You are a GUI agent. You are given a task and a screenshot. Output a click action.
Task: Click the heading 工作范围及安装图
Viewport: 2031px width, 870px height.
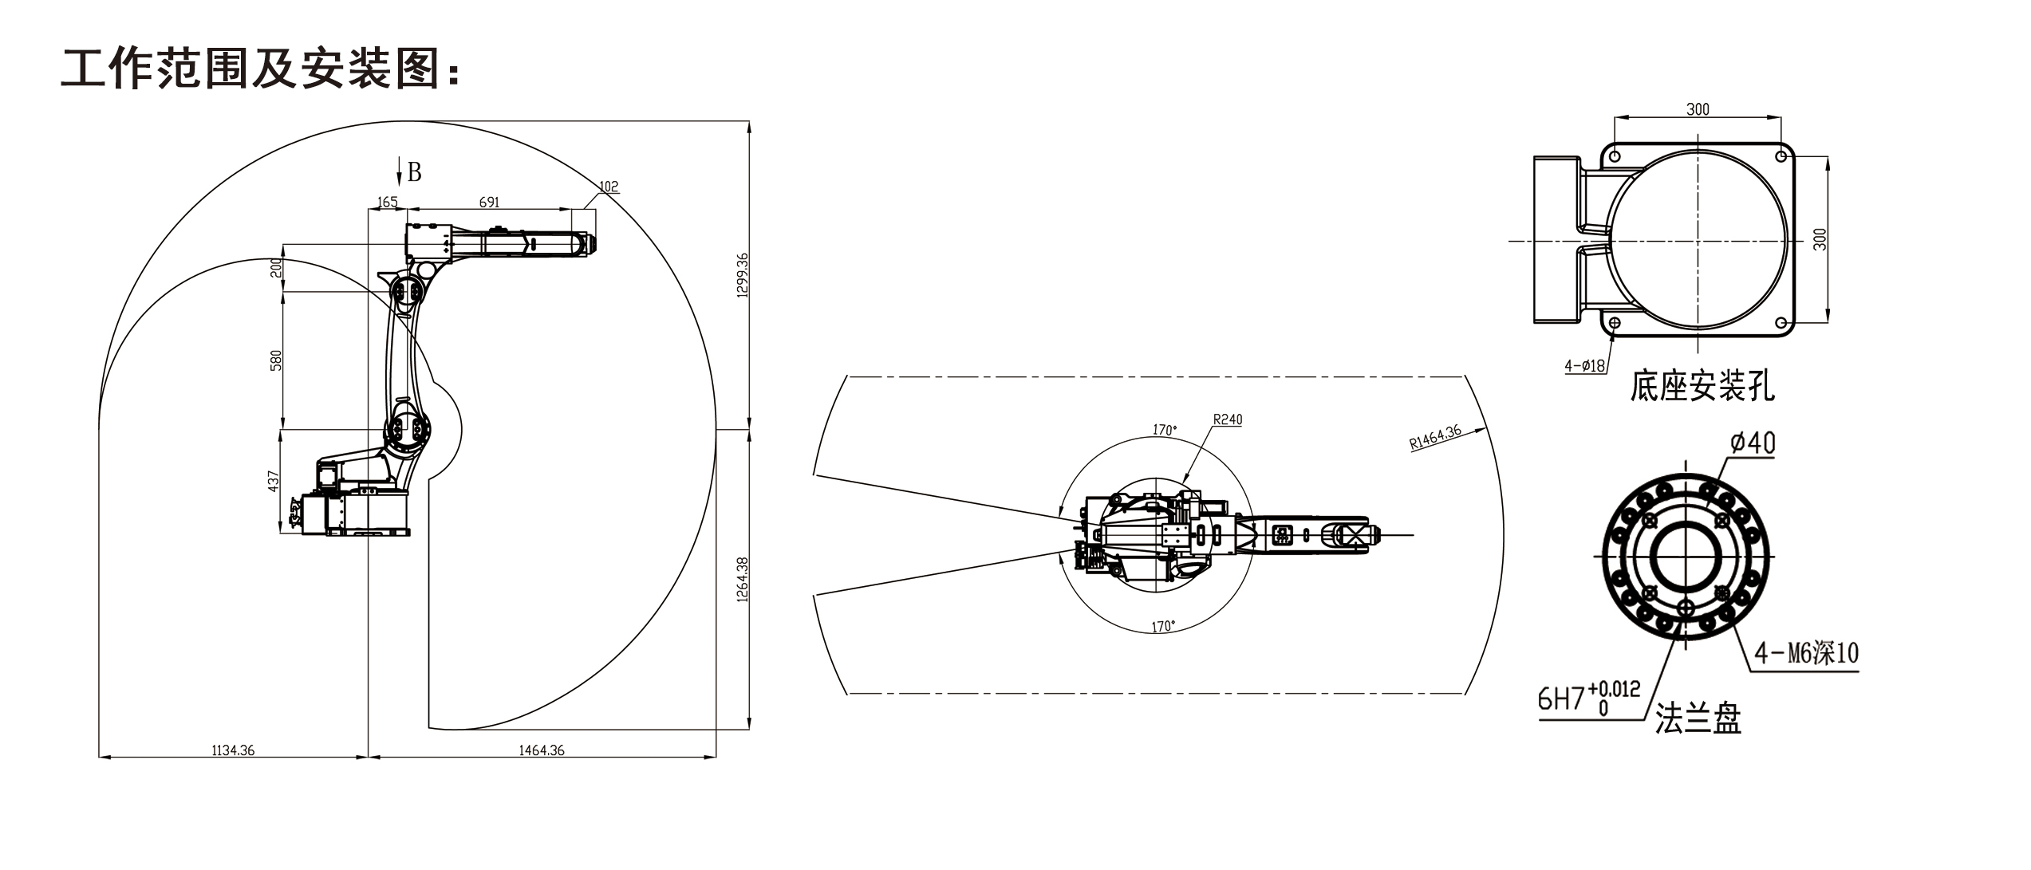(260, 69)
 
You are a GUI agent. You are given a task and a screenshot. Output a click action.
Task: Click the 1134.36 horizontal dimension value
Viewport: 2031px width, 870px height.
(233, 750)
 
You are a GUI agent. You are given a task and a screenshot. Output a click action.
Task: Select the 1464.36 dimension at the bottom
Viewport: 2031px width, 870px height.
(542, 750)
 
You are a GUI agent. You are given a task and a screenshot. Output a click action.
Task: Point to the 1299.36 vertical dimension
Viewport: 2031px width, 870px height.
(742, 275)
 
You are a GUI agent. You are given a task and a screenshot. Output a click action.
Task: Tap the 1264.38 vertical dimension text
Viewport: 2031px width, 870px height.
(742, 580)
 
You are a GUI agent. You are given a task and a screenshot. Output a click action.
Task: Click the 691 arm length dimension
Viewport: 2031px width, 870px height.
(489, 203)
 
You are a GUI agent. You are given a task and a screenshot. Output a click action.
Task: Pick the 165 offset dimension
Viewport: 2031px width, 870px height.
(387, 203)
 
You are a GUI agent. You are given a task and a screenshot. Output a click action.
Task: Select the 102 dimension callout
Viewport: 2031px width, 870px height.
(609, 187)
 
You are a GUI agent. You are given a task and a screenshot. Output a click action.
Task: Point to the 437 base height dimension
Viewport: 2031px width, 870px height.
(273, 481)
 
